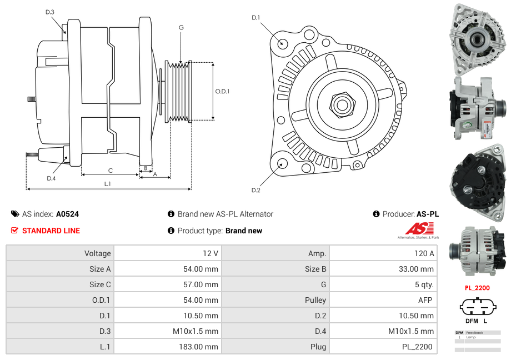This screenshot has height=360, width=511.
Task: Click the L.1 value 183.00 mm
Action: [203, 347]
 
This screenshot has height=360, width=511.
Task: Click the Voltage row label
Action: [97, 253]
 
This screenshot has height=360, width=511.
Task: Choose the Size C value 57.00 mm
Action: [202, 284]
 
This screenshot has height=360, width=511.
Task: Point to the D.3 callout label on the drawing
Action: [50, 12]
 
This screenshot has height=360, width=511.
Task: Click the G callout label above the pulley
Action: [181, 28]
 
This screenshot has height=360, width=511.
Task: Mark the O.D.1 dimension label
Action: [222, 91]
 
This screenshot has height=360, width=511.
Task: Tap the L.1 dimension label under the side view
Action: [108, 184]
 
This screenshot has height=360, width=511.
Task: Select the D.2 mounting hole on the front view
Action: [282, 164]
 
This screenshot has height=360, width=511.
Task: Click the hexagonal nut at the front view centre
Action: [341, 104]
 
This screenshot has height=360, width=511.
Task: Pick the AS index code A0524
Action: [67, 214]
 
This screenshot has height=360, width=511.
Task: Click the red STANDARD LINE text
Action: [51, 231]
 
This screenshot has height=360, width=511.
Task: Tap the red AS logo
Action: [419, 228]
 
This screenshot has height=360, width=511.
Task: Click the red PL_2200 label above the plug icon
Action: [477, 288]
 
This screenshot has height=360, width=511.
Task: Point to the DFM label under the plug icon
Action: [470, 321]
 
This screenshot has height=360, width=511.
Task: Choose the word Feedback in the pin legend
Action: [474, 333]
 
